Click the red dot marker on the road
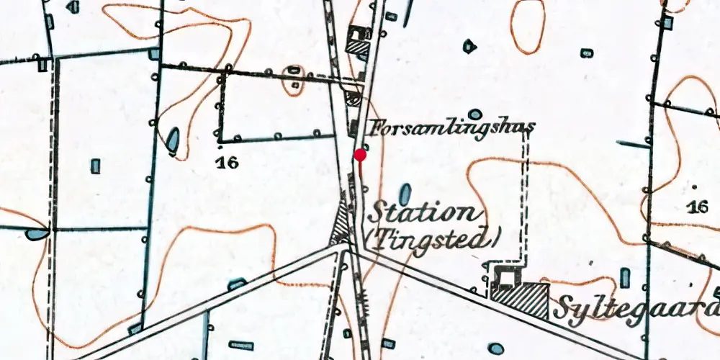(x=360, y=155)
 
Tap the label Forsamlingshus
(x=452, y=129)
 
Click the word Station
(x=423, y=214)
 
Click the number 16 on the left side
(x=227, y=163)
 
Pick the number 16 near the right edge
(x=697, y=207)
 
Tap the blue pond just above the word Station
(x=405, y=193)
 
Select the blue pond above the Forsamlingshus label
(x=474, y=114)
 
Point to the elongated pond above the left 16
(x=174, y=140)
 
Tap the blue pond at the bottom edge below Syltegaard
(x=495, y=348)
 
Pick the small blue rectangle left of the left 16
(x=95, y=166)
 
